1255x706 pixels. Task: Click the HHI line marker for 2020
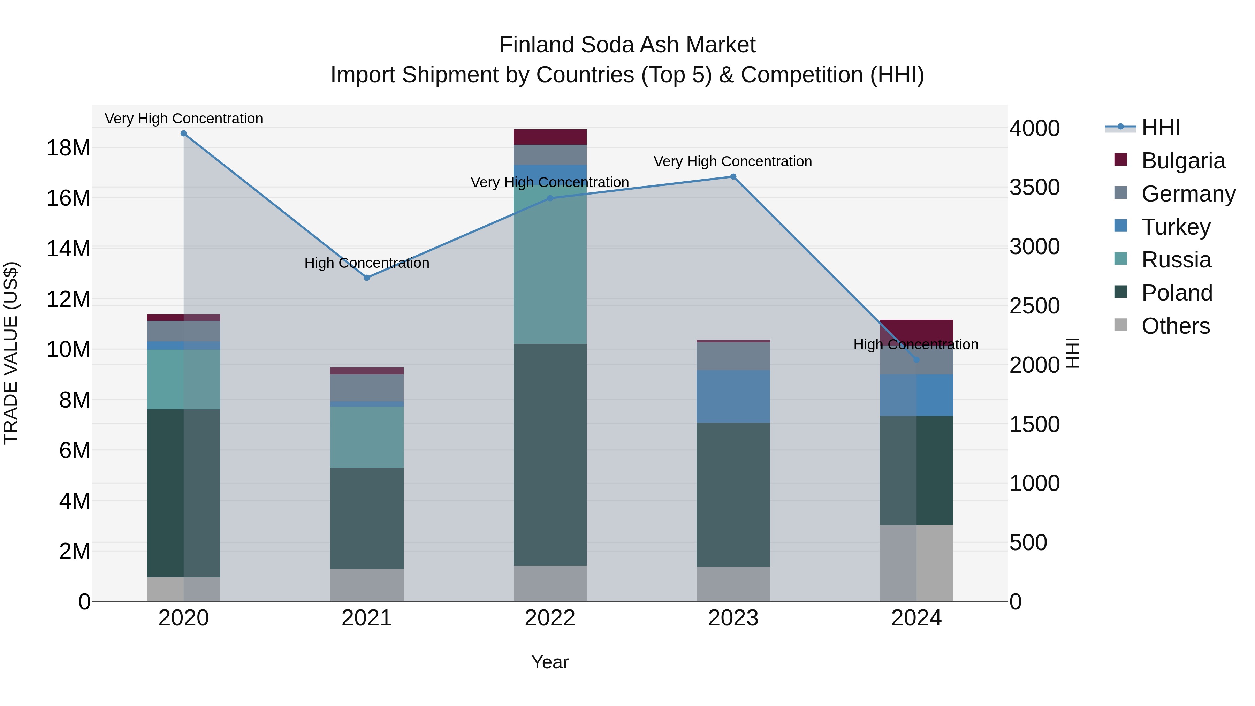pos(184,134)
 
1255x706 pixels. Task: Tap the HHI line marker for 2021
pos(367,278)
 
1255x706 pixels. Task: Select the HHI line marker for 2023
pos(733,177)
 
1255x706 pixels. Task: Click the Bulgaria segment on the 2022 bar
pos(550,137)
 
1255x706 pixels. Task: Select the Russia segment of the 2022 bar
pos(550,263)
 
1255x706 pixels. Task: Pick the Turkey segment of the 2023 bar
pos(733,396)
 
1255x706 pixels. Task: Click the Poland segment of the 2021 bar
pos(367,518)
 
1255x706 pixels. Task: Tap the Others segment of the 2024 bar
pos(916,563)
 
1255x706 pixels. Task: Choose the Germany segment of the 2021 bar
pos(367,388)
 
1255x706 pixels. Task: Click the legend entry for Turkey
pos(1175,227)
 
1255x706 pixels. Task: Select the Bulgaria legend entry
pos(1182,161)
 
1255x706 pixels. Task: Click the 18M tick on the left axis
pos(68,147)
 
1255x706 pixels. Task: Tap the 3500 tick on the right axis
pos(1034,188)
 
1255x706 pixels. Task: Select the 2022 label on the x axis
pos(550,618)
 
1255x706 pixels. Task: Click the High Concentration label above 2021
pos(367,263)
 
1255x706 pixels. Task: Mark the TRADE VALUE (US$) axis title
pos(11,353)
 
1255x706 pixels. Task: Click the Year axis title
pos(550,662)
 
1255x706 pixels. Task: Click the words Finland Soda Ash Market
pos(627,45)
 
